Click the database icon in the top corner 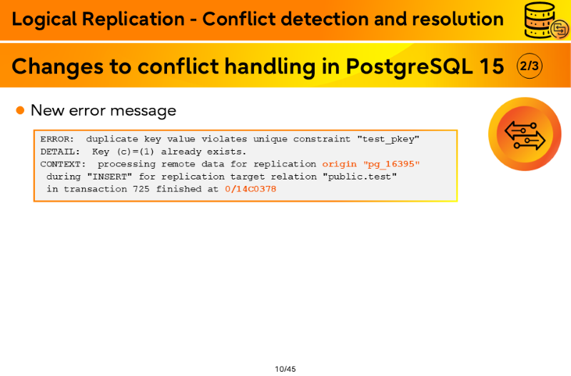pyautogui.click(x=546, y=21)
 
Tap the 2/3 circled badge pyautogui.click(x=530, y=66)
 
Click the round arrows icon pyautogui.click(x=525, y=134)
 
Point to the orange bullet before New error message pyautogui.click(x=21, y=110)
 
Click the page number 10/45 pyautogui.click(x=285, y=369)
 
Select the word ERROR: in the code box pyautogui.click(x=57, y=139)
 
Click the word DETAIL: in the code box pyautogui.click(x=60, y=152)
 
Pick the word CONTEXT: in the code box pyautogui.click(x=63, y=164)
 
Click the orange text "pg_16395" pyautogui.click(x=391, y=164)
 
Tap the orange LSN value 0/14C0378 pyautogui.click(x=251, y=189)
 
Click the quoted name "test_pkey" pyautogui.click(x=388, y=139)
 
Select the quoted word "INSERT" pyautogui.click(x=110, y=177)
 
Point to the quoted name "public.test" pyautogui.click(x=360, y=177)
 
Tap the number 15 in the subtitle pyautogui.click(x=492, y=66)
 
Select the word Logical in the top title pyautogui.click(x=44, y=19)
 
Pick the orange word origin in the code pyautogui.click(x=340, y=164)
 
